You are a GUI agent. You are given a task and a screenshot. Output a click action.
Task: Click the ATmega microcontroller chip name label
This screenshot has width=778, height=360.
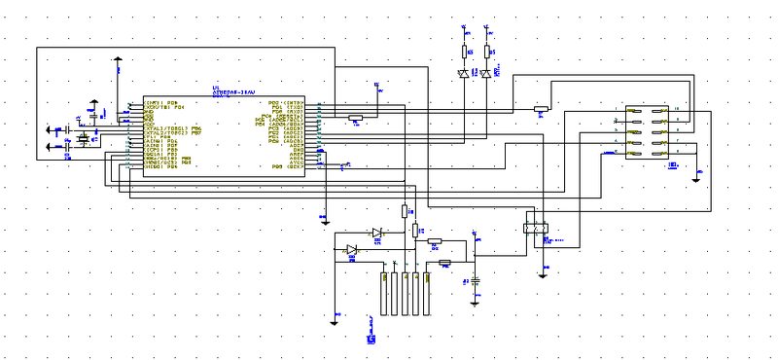click(233, 92)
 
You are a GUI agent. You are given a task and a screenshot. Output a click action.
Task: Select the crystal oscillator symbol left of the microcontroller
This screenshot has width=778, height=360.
click(83, 139)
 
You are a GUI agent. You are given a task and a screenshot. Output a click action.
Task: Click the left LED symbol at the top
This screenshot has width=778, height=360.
click(463, 73)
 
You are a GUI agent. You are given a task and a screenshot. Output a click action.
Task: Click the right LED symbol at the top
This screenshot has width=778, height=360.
click(485, 73)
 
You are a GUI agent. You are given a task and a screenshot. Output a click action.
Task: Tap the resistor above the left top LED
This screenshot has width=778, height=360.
click(463, 51)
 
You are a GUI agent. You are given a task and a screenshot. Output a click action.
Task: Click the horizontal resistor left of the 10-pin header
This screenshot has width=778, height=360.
click(541, 109)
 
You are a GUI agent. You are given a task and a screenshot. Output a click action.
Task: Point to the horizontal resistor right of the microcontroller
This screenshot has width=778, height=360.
click(355, 118)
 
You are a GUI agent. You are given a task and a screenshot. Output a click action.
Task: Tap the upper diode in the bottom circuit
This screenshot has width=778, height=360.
click(376, 232)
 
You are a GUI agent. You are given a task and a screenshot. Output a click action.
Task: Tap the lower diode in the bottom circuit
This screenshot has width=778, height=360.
click(352, 249)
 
